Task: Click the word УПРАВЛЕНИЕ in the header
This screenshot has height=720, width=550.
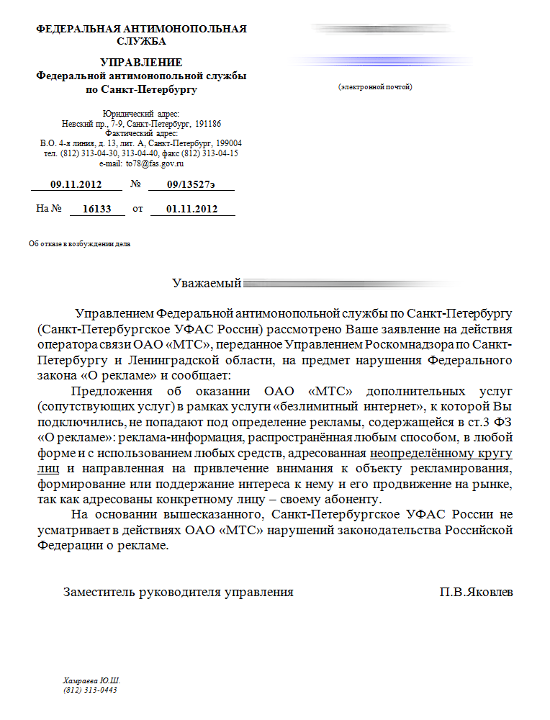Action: (x=141, y=63)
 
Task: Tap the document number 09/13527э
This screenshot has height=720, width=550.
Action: (x=190, y=185)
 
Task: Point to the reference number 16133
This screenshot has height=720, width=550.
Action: (x=97, y=209)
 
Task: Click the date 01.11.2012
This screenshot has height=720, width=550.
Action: (x=191, y=209)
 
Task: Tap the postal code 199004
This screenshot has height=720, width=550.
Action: (x=227, y=143)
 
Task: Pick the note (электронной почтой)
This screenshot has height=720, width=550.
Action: (x=374, y=87)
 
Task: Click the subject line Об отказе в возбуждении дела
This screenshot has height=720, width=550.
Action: (x=79, y=244)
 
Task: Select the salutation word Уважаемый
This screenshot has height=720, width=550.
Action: (x=206, y=283)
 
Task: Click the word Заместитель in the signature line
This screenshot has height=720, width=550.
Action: (x=100, y=593)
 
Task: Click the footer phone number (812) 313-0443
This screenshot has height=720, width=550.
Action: (x=90, y=690)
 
